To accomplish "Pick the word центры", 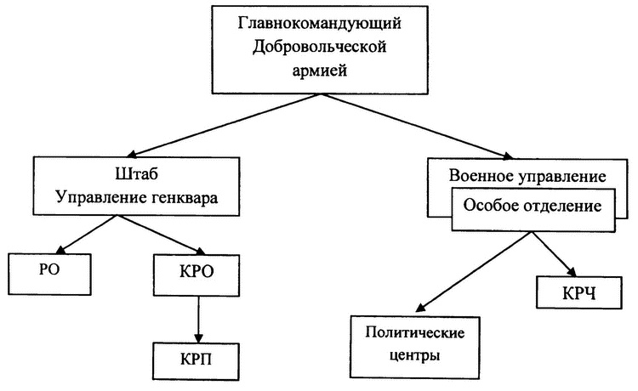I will click(403, 354).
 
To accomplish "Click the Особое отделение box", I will click(533, 207).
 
